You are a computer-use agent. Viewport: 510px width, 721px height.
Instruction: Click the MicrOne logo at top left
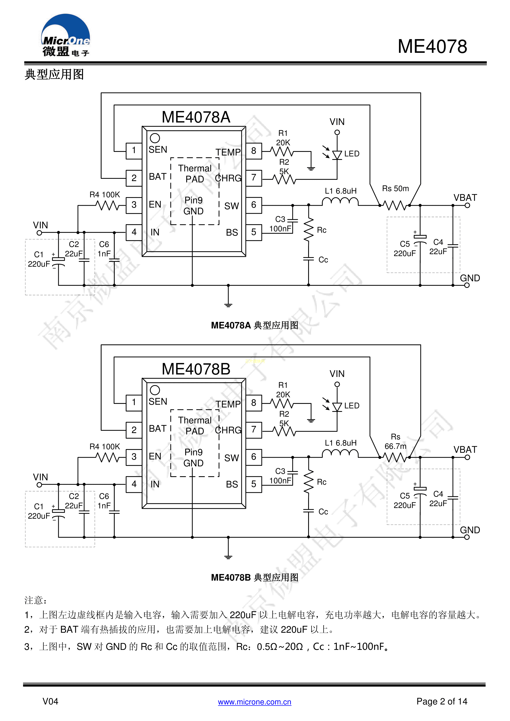[65, 35]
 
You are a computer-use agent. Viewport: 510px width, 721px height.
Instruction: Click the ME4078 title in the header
[432, 46]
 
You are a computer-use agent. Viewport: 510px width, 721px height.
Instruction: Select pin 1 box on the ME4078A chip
[134, 151]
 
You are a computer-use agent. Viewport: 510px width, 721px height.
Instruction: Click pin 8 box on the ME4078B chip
[254, 403]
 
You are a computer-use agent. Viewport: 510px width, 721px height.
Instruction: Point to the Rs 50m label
[395, 189]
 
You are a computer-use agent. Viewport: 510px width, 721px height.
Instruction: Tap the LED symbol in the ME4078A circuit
[337, 155]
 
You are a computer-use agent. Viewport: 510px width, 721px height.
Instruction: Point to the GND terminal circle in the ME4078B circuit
[467, 537]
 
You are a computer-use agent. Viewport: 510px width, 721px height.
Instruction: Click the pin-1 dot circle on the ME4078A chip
[155, 138]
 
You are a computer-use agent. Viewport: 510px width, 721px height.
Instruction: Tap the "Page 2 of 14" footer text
[442, 701]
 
